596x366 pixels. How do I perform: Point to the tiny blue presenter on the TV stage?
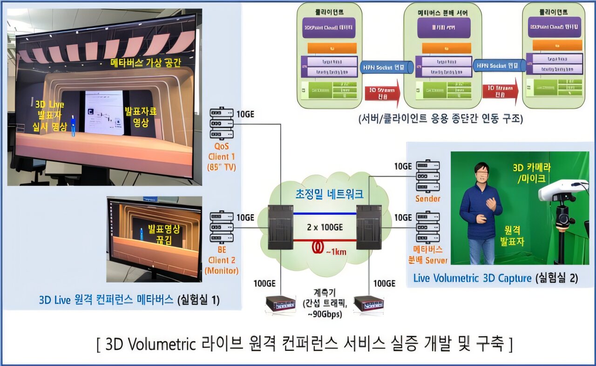[x=73, y=125]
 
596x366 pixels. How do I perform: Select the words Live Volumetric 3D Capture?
[x=472, y=278]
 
